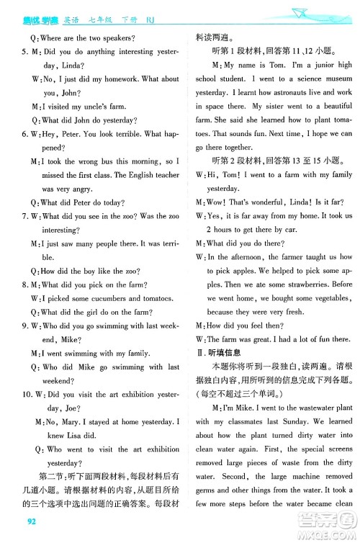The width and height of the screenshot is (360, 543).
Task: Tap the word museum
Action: tap(330, 79)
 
